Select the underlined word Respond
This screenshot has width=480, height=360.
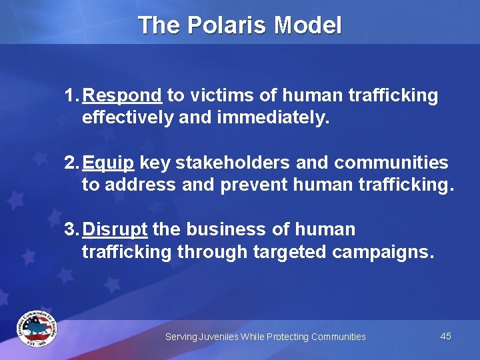point(123,96)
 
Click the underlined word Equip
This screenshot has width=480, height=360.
point(110,163)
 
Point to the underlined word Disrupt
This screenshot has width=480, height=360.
point(115,229)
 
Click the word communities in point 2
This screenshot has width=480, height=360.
point(391,163)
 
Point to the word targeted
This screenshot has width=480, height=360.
point(292,252)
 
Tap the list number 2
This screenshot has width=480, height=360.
point(69,163)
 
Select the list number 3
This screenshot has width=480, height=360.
point(69,229)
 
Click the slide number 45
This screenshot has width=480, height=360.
point(446,336)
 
